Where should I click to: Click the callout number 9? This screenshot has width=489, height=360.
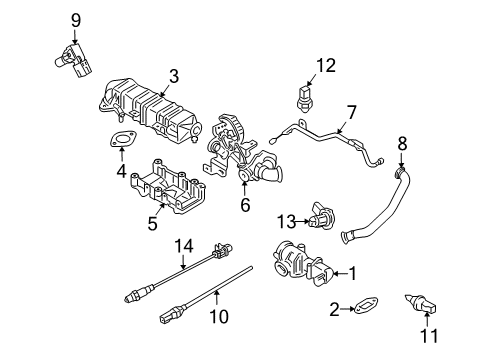(x=75, y=18)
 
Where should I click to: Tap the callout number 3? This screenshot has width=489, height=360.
(x=173, y=75)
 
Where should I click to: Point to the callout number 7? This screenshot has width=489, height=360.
(x=351, y=111)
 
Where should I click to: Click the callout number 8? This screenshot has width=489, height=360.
(x=403, y=143)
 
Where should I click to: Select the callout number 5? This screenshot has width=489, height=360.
(x=153, y=224)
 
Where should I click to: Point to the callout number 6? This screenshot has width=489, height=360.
(x=244, y=205)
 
